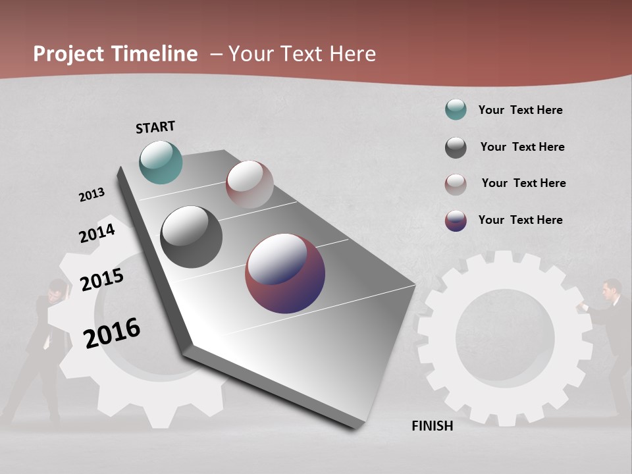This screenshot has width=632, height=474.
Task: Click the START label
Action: tap(155, 127)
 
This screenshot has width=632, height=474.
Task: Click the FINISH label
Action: tap(432, 426)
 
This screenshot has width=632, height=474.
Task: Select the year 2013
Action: tap(92, 195)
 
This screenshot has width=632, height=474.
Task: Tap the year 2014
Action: tap(97, 233)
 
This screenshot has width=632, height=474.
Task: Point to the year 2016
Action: tap(112, 333)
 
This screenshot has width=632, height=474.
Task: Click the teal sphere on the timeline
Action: tap(161, 162)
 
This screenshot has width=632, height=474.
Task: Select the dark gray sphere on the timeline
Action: tap(191, 237)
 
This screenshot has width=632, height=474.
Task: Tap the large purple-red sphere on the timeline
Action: tap(285, 273)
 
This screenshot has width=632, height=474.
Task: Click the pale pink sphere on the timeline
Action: tap(250, 184)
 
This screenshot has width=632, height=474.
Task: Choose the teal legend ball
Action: tap(456, 110)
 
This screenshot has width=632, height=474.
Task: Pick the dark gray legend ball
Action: tap(456, 147)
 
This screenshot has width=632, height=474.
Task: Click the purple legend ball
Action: tap(456, 221)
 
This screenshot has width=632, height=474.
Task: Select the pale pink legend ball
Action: tap(456, 184)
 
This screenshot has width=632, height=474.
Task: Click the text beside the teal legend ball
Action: tap(520, 110)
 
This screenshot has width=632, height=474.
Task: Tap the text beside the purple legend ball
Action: tap(520, 220)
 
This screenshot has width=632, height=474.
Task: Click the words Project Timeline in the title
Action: tap(115, 54)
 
